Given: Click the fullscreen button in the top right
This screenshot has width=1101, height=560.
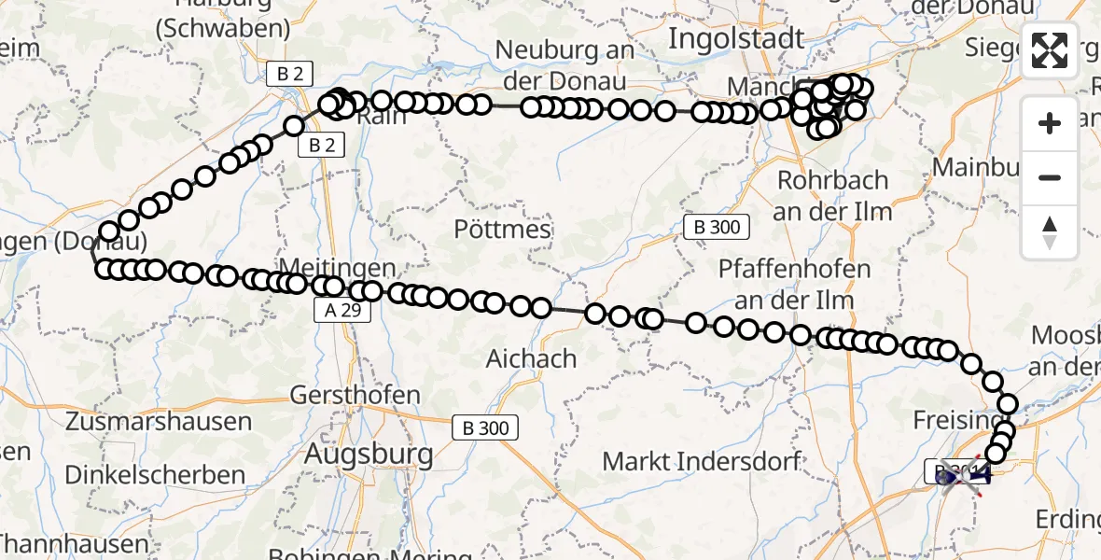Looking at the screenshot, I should [1050, 50].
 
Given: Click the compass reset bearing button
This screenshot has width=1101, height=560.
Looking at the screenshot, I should [1050, 232].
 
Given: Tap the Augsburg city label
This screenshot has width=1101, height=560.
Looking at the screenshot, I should [370, 455].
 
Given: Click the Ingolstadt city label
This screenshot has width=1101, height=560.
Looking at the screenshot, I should [736, 39].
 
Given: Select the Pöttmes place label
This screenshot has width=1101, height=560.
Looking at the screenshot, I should [502, 229].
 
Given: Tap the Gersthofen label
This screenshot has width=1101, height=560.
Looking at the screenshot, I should [355, 395].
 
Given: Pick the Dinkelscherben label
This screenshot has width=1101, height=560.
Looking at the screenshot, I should [165, 475].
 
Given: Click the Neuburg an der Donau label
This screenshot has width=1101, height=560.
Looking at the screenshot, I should [565, 61].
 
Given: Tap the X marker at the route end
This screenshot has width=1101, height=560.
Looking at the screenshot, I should [962, 476].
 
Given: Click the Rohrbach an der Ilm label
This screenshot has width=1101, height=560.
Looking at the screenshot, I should [832, 194].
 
